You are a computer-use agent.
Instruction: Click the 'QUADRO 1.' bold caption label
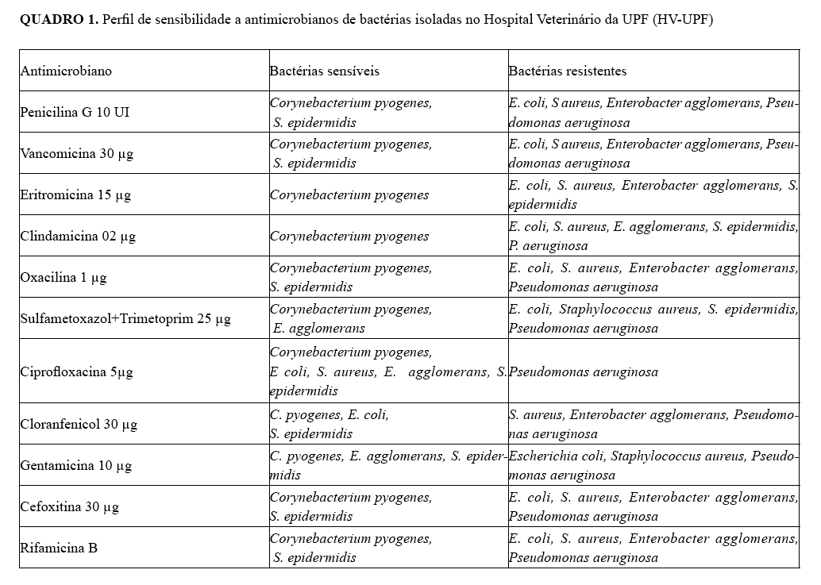point(60,20)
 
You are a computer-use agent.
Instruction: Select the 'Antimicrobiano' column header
point(66,71)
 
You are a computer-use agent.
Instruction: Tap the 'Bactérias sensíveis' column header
point(324,71)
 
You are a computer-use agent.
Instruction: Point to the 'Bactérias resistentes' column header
point(567,71)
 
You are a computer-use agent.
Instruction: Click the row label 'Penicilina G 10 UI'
point(75,113)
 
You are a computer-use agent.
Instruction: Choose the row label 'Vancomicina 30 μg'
point(76,154)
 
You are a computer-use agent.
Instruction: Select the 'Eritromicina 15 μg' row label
point(75,195)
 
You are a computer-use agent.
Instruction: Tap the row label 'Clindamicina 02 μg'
point(78,237)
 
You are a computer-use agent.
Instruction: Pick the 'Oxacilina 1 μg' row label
point(63,278)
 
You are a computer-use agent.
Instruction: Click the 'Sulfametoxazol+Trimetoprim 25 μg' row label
point(125,319)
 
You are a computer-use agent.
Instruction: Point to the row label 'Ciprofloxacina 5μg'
point(76,371)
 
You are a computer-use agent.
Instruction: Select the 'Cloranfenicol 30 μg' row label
point(79,424)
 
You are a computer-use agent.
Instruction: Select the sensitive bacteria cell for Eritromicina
point(349,195)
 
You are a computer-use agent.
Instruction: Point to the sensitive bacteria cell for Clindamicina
point(349,237)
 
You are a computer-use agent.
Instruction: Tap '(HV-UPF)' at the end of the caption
point(680,20)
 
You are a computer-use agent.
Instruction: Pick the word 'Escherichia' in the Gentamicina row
point(539,456)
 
